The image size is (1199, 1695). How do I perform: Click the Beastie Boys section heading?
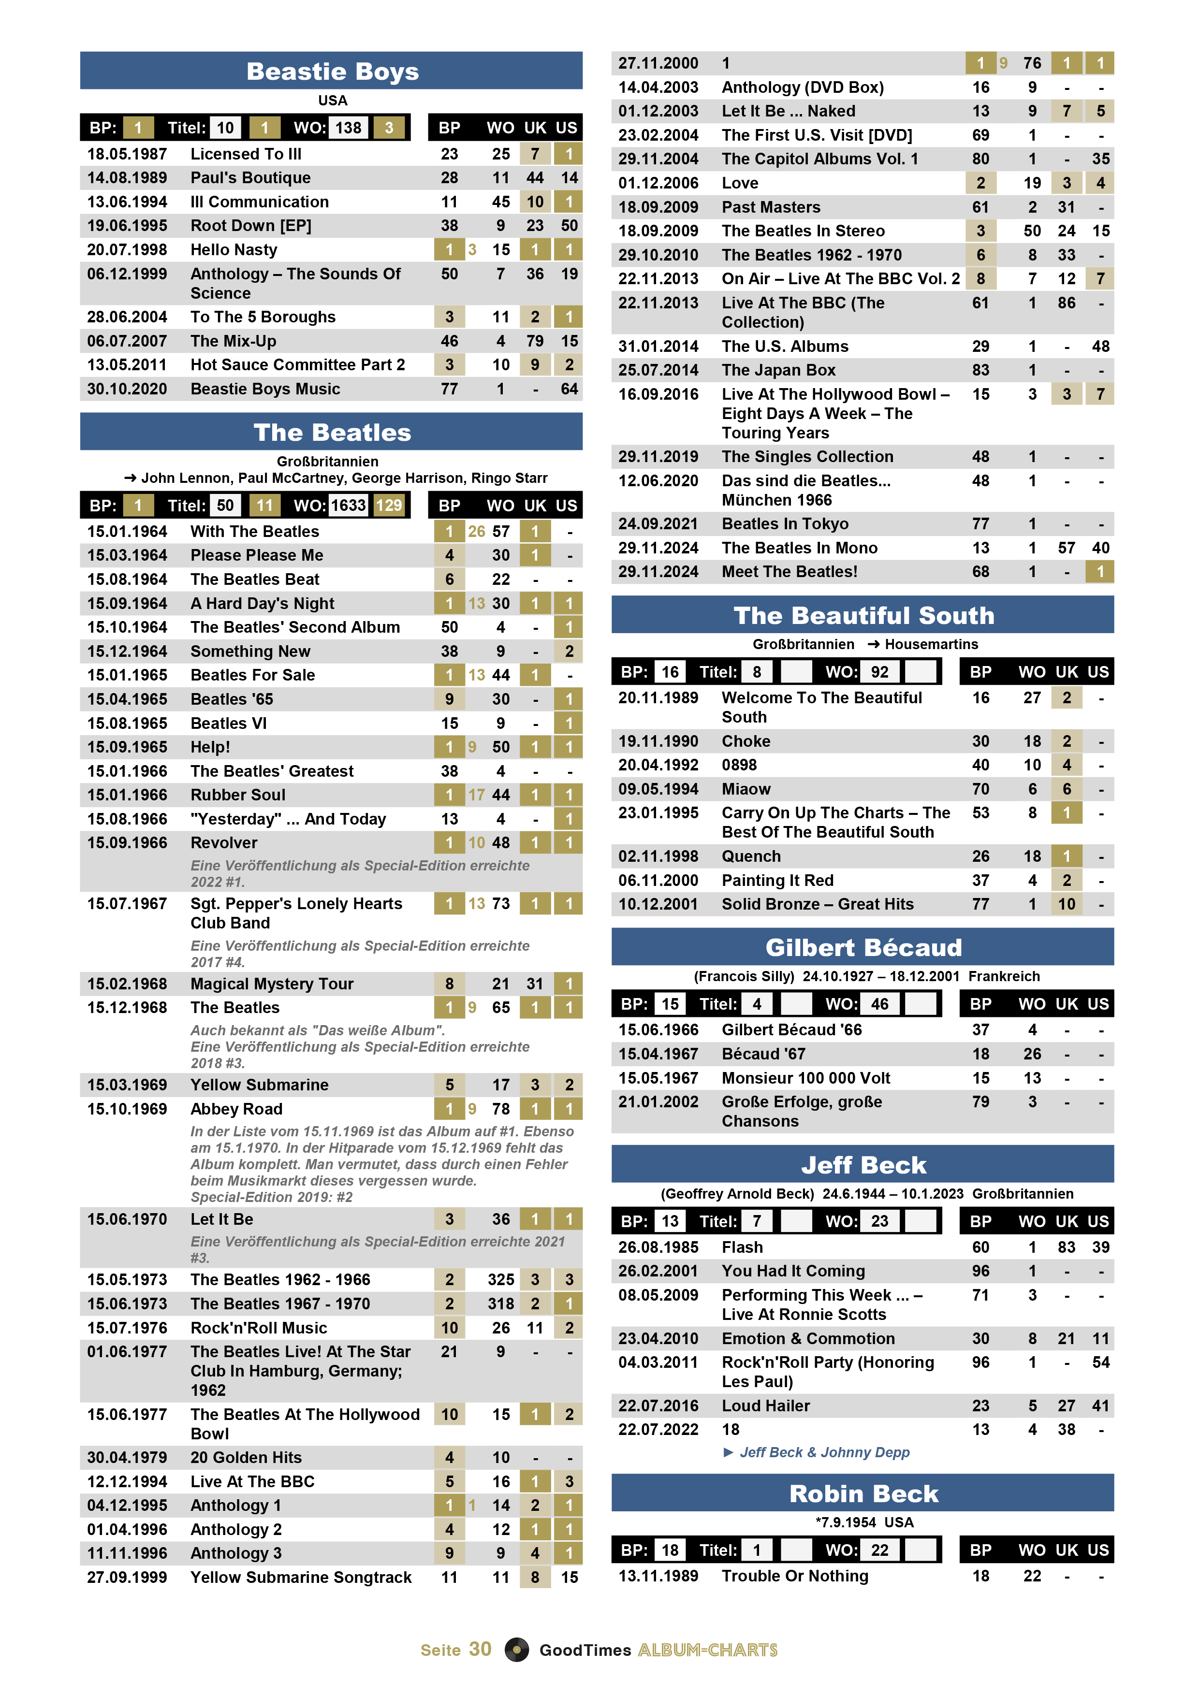(x=332, y=72)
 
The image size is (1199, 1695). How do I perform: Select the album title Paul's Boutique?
(x=250, y=178)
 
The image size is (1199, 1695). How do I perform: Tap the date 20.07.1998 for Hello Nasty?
(x=127, y=249)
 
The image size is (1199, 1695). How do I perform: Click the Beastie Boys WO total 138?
(x=349, y=128)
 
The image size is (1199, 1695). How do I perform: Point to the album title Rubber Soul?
(x=238, y=795)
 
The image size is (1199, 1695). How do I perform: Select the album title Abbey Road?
(x=236, y=1109)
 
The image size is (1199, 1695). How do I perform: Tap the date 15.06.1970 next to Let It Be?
(x=127, y=1219)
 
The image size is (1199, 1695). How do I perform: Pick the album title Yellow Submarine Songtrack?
(x=301, y=1577)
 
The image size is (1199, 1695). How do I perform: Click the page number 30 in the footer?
(x=480, y=1649)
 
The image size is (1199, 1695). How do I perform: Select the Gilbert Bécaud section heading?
(x=863, y=947)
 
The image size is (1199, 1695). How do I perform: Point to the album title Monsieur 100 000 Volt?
(x=805, y=1078)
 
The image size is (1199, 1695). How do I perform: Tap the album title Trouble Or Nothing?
(x=794, y=1576)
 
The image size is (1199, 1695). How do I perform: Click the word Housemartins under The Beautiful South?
(x=931, y=644)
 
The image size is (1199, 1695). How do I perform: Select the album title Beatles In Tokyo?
(x=785, y=523)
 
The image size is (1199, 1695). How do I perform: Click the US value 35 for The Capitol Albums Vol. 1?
(x=1100, y=159)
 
